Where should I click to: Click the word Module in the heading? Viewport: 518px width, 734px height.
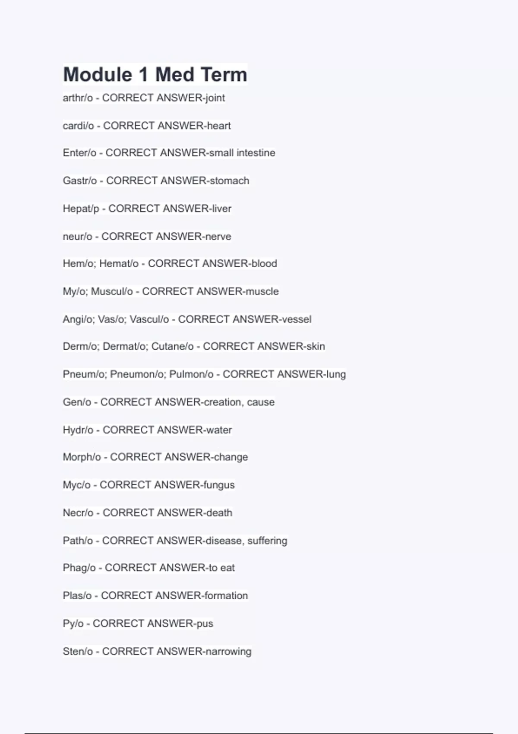click(98, 75)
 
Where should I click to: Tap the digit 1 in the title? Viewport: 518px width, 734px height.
click(144, 75)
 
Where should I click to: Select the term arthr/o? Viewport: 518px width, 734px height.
click(78, 98)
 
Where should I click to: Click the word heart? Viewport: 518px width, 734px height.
click(219, 126)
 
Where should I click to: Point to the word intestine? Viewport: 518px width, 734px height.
click(256, 153)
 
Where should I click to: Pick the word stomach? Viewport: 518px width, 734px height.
click(229, 180)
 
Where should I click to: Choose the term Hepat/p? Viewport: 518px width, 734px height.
click(81, 209)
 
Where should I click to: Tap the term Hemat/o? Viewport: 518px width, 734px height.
click(119, 263)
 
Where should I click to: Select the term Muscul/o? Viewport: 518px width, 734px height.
click(112, 291)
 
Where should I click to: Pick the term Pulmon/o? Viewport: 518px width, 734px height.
click(191, 374)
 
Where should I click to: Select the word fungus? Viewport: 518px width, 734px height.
click(219, 485)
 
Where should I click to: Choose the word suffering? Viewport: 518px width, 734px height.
click(267, 541)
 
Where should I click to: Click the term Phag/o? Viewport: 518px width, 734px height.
click(79, 568)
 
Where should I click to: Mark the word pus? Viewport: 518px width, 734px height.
click(205, 623)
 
